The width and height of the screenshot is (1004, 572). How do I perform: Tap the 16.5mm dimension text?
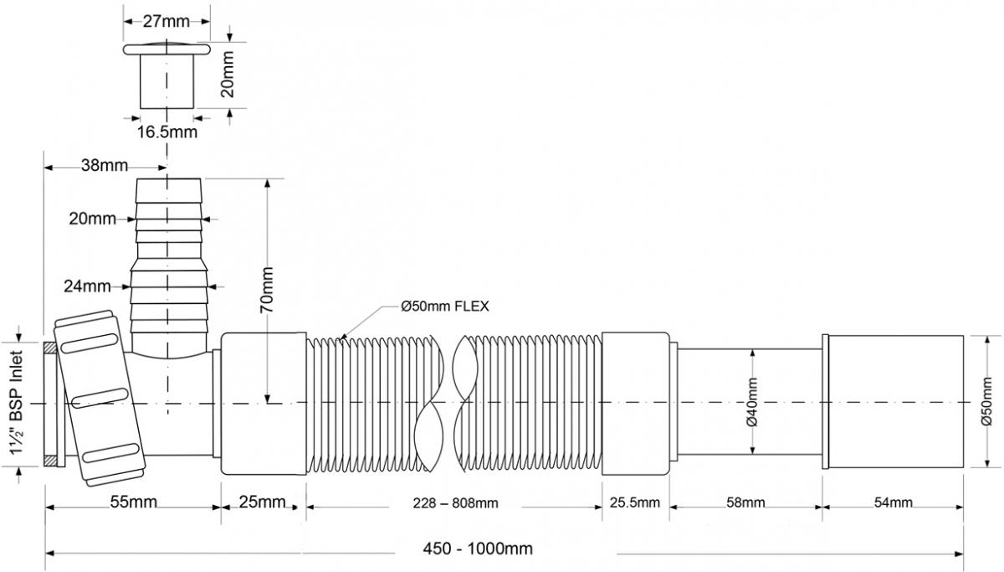pos(168,131)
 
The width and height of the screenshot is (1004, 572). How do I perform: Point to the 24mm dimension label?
pos(87,286)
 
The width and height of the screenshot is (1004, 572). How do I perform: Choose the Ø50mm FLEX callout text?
pos(444,307)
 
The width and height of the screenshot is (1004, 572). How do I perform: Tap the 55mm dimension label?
pos(131,502)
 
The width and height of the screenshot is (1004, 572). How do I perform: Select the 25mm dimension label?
pos(262,502)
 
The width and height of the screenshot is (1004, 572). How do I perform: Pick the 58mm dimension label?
pos(744,502)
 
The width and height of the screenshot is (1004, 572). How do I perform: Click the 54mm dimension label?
pos(893,502)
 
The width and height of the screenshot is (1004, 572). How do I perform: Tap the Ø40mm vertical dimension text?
pos(752,402)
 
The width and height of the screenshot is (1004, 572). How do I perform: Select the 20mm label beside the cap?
pos(227,75)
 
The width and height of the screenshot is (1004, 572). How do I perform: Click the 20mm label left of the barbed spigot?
pos(92,219)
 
